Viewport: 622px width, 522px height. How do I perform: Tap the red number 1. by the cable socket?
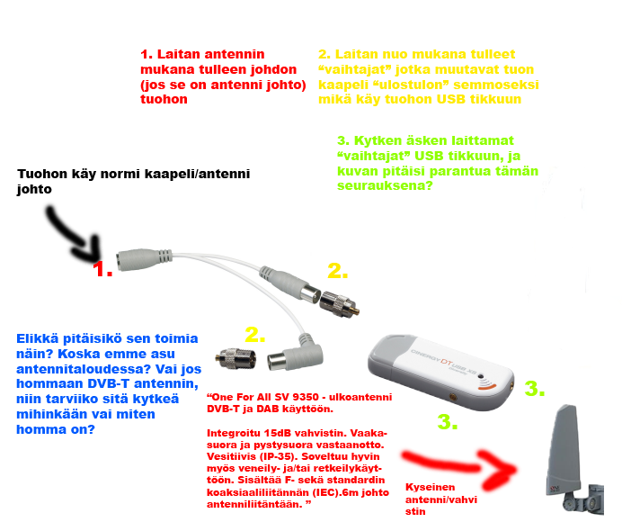tap(102, 269)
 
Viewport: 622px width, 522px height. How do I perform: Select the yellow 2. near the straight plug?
tap(338, 271)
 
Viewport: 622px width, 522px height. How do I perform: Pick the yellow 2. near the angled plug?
tap(254, 335)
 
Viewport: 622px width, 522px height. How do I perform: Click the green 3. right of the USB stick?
tap(535, 388)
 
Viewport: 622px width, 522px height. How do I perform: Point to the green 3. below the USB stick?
tap(448, 421)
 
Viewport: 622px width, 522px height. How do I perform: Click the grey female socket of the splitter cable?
tap(144, 260)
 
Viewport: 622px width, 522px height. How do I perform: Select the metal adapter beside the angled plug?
tap(235, 359)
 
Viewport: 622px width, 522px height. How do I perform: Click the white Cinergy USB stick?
tap(440, 372)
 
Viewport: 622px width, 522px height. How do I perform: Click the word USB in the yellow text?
tap(451, 99)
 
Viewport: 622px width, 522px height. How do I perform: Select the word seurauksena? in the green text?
tap(385, 185)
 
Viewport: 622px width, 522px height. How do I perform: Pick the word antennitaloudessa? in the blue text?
tap(84, 369)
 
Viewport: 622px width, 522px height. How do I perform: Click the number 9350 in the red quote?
tap(306, 397)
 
